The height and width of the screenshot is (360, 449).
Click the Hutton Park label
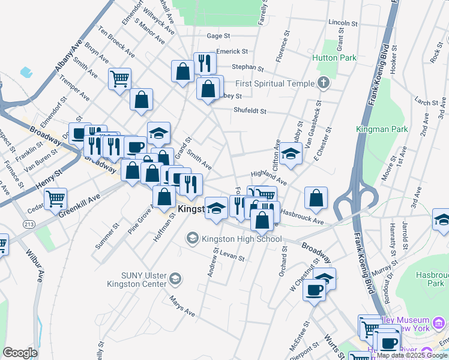pos(334,58)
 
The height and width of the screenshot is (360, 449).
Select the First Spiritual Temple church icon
pos(324,83)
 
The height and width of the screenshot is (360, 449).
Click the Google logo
pos(20,352)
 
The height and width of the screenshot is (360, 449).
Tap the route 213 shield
pos(29,224)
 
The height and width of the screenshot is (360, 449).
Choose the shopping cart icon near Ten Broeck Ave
pos(119,78)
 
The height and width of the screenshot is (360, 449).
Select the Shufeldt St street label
pos(249,111)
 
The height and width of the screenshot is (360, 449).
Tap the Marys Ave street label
pos(182,306)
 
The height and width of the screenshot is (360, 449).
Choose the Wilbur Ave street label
pos(35,268)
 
